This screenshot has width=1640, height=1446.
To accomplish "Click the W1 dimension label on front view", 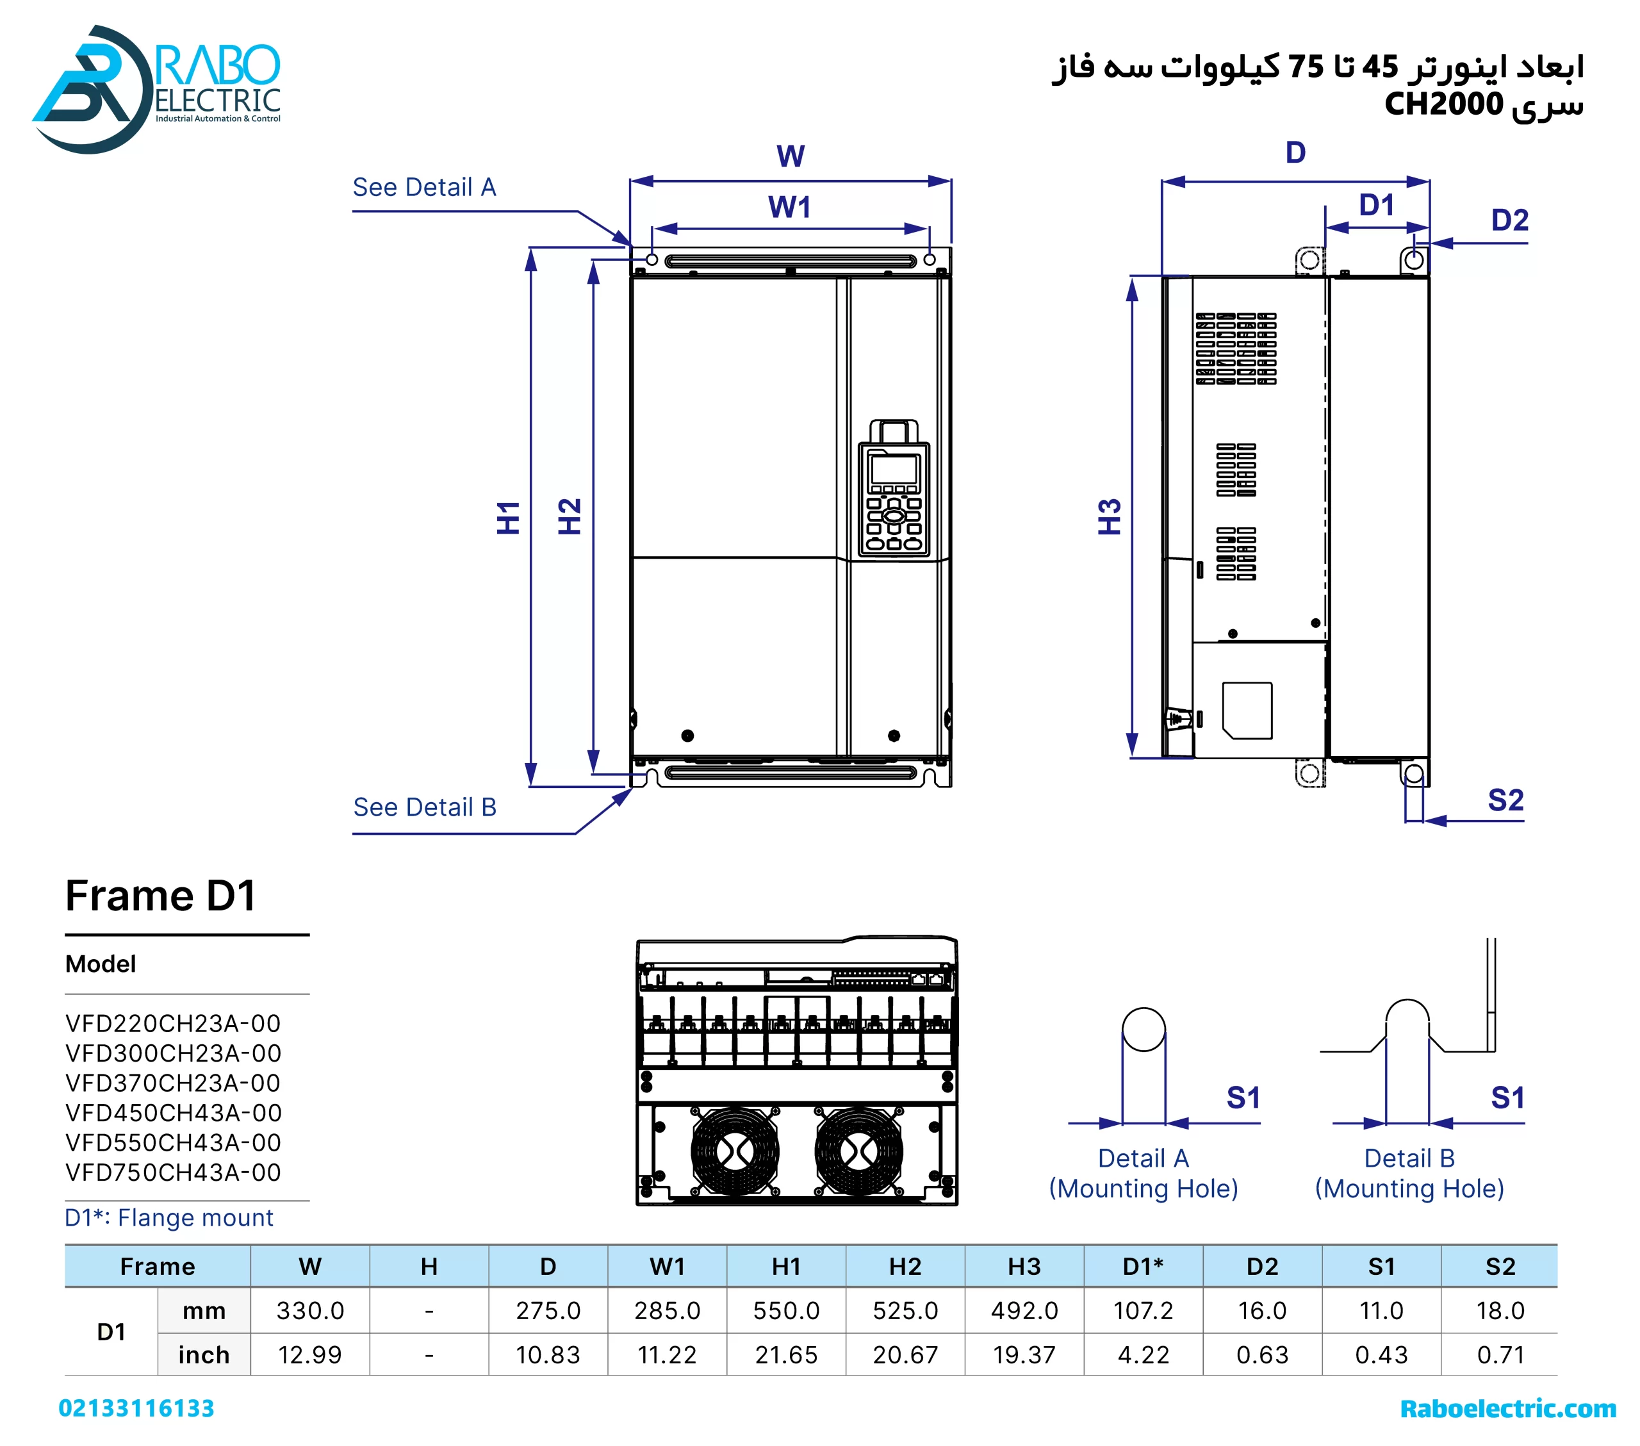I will [789, 207].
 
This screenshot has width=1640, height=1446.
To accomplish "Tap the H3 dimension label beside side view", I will [1109, 517].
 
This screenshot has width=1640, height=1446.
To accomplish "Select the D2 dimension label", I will [1509, 220].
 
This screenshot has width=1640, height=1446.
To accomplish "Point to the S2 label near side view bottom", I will [1505, 800].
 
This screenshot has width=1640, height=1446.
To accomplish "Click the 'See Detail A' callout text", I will [425, 187].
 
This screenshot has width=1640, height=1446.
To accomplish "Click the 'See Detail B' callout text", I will [425, 807].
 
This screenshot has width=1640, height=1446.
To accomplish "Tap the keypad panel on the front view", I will [894, 499].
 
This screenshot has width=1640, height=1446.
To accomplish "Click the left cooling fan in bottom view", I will [734, 1151].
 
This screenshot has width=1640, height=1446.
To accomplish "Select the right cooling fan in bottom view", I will [858, 1151].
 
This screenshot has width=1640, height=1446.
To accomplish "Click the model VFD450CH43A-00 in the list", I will [174, 1112].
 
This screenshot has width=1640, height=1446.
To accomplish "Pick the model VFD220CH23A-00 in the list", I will [174, 1023].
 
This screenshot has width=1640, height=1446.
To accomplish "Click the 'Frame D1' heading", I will [160, 896].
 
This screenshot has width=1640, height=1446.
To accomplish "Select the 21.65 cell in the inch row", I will [785, 1354].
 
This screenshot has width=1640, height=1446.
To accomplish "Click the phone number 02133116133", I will [136, 1408].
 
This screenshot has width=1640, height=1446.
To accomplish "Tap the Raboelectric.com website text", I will [1507, 1408].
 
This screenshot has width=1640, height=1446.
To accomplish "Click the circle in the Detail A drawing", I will [1144, 1030].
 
